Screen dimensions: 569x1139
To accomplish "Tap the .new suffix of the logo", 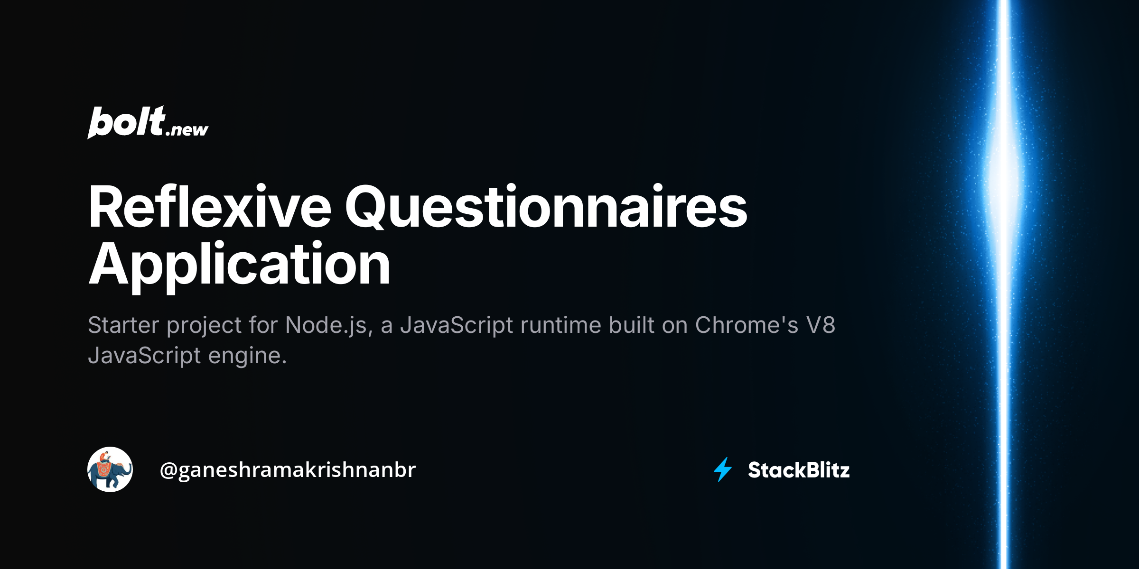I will [x=187, y=129].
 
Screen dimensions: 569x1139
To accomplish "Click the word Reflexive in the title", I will [x=209, y=207].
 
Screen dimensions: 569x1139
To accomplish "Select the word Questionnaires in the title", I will [x=546, y=207].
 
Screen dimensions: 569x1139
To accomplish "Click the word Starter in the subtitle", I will [x=123, y=325].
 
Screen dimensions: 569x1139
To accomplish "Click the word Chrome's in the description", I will [x=747, y=325].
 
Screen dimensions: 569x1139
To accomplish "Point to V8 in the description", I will [x=821, y=325].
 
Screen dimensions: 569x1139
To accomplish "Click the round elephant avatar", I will [x=110, y=469].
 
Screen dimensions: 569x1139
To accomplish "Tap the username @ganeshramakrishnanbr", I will [x=288, y=470].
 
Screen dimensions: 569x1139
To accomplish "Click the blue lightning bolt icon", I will [x=723, y=469].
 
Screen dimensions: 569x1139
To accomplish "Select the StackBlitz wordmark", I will [x=799, y=470].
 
